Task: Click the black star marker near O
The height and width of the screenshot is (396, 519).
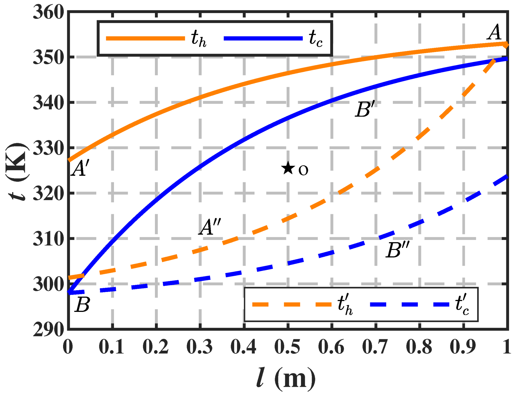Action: (x=288, y=168)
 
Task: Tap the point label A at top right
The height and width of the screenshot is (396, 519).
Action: (x=495, y=33)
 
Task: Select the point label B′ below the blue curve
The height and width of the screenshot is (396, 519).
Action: (x=365, y=110)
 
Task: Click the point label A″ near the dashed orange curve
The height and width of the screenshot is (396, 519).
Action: (x=210, y=227)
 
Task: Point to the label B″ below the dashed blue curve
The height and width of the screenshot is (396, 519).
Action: (x=397, y=250)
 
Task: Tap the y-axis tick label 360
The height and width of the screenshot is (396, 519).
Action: (x=48, y=12)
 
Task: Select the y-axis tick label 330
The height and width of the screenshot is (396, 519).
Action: (x=48, y=148)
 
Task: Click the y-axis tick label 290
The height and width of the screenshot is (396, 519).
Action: (x=48, y=329)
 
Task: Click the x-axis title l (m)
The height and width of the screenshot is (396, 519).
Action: (x=286, y=378)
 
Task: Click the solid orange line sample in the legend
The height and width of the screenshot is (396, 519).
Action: (x=145, y=38)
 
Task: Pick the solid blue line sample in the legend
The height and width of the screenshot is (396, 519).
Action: (x=263, y=38)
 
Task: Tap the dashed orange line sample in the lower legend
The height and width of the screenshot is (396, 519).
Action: (x=292, y=304)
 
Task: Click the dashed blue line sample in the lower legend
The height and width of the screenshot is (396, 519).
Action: (x=409, y=304)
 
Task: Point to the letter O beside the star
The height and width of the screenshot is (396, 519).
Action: (x=303, y=170)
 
